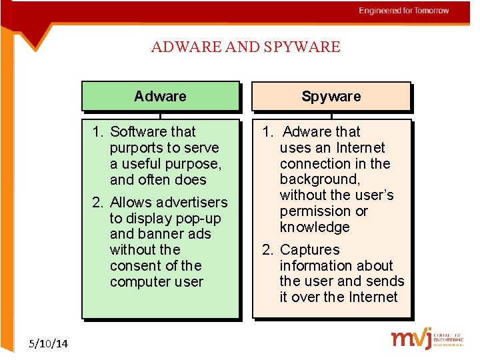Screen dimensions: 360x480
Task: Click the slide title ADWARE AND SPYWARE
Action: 245,47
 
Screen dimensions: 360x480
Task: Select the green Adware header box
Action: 160,96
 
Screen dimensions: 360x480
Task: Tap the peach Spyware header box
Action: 331,96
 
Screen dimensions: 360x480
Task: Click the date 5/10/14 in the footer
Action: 49,344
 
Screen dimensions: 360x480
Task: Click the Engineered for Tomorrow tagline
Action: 403,11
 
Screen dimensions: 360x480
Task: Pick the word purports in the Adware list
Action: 137,148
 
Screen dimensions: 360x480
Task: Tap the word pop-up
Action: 199,219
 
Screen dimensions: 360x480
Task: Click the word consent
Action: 134,265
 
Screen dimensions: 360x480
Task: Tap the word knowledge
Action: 315,227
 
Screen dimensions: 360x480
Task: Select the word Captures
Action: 309,250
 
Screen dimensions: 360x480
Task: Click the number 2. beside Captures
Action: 267,250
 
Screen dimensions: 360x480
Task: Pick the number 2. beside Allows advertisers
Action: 98,203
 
